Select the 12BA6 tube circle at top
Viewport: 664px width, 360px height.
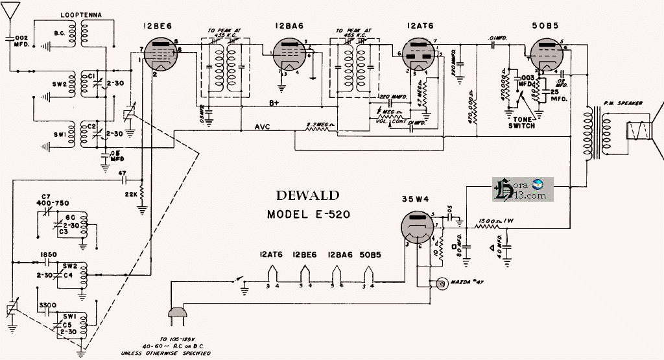pyautogui.click(x=286, y=53)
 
